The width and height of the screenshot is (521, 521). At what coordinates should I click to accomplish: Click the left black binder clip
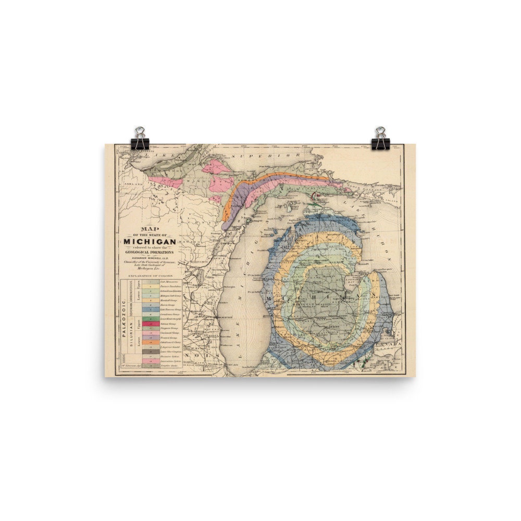140,139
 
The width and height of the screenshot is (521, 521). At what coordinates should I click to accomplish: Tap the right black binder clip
380,139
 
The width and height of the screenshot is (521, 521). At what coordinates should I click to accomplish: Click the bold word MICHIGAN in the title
150,241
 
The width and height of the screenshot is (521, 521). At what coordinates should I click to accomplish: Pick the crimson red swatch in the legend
150,324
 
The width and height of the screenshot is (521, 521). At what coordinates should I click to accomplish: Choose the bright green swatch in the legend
150,318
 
